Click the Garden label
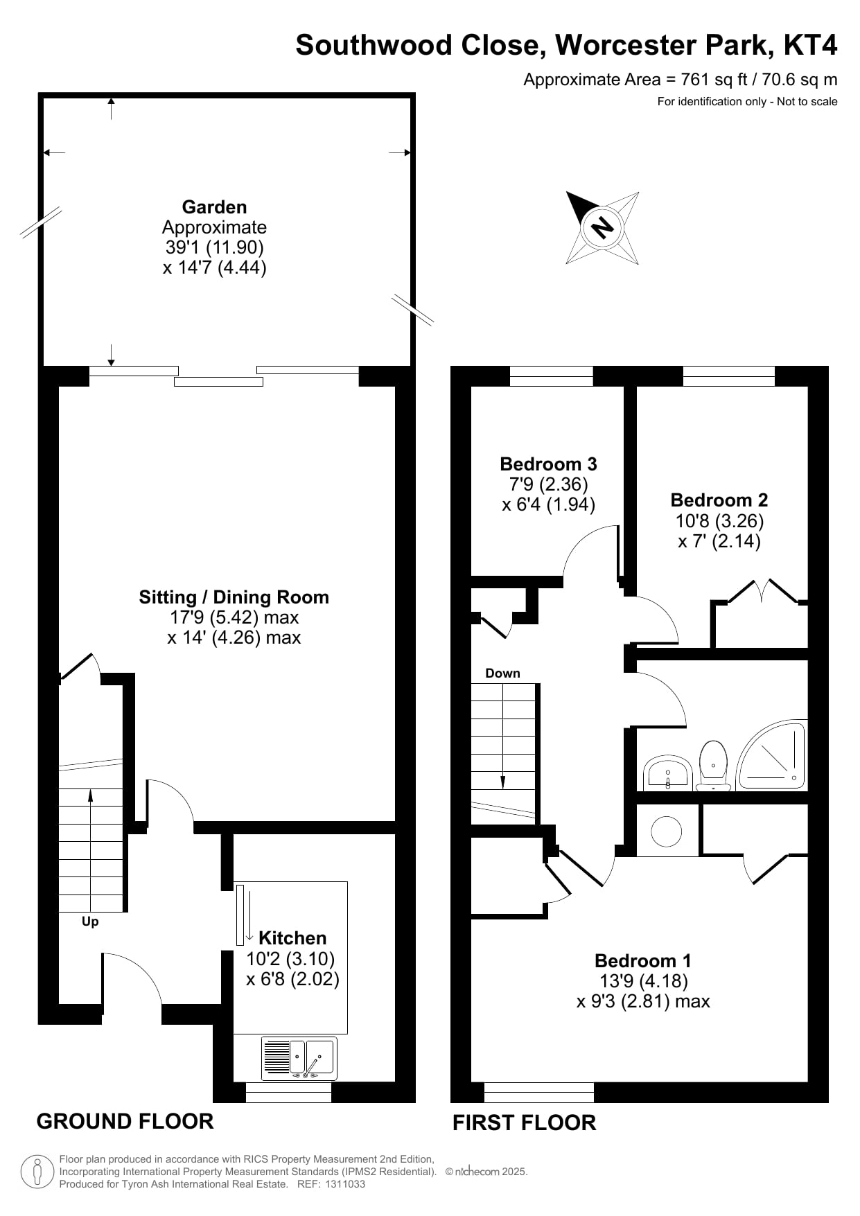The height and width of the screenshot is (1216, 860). click(214, 207)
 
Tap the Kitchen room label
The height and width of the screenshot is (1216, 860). click(292, 938)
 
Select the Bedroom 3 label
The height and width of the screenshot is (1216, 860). click(548, 464)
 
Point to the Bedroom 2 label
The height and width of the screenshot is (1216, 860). click(719, 500)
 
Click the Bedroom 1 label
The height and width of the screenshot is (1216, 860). click(643, 961)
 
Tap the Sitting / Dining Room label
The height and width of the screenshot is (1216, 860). click(234, 597)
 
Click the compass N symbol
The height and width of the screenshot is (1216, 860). click(602, 227)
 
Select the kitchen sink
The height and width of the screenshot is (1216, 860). click(299, 1058)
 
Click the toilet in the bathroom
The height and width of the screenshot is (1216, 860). click(713, 766)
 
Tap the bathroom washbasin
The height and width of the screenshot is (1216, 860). click(667, 774)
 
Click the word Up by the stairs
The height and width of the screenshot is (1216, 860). click(90, 922)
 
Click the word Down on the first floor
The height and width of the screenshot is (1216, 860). click(502, 673)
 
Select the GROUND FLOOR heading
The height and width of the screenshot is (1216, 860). click(125, 1121)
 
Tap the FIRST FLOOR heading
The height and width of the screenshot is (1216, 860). click(524, 1122)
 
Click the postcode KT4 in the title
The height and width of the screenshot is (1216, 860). click(810, 45)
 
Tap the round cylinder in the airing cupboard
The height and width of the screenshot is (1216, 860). click(667, 831)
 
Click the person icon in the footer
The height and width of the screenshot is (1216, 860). click(38, 1172)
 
